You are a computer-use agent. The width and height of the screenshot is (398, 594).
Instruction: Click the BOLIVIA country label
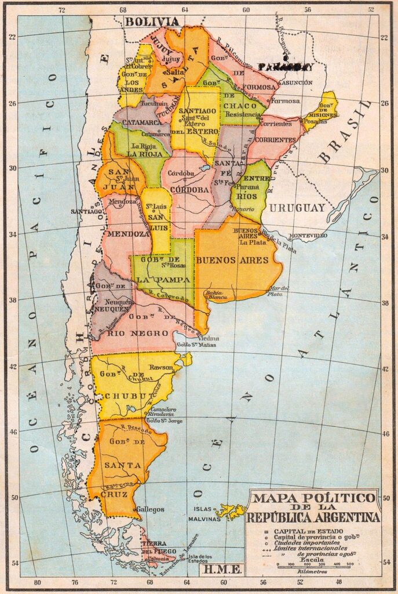(152, 21)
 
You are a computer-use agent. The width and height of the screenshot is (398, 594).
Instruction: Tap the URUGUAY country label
(297, 208)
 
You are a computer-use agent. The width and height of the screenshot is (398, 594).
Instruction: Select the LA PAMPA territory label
(159, 279)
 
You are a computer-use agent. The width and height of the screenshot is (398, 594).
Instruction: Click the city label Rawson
(160, 367)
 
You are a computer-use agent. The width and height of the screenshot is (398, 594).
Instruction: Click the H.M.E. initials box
(220, 569)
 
